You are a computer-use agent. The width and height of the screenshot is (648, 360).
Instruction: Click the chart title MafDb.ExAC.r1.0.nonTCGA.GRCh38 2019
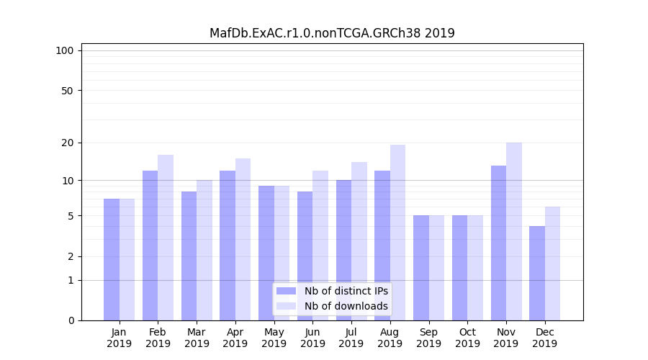click(x=332, y=33)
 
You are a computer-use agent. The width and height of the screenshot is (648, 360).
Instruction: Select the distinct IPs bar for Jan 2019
click(x=112, y=259)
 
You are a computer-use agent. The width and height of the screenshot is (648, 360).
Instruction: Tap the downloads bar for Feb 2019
click(x=166, y=238)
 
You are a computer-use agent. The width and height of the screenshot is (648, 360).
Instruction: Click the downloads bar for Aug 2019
click(x=397, y=233)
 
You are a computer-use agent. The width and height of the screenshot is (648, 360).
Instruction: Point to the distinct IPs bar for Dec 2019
click(x=537, y=273)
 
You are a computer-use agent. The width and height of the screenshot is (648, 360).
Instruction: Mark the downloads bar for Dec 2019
click(x=552, y=264)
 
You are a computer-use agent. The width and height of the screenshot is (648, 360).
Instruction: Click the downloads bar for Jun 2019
click(x=320, y=246)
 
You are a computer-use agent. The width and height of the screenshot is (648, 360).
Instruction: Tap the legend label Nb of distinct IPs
click(x=346, y=291)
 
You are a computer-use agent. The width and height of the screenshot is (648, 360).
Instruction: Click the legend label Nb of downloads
click(x=346, y=306)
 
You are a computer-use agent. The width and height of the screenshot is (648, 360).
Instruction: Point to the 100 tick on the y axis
click(x=65, y=50)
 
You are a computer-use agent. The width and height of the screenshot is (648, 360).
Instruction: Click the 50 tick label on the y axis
click(x=67, y=91)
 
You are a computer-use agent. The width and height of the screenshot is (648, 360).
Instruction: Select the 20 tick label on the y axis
click(x=67, y=143)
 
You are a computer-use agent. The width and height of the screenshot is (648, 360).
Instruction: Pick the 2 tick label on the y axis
click(x=71, y=256)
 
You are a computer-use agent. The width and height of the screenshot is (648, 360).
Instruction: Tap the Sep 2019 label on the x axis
click(x=428, y=338)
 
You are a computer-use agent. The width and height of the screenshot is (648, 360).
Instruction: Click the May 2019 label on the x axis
click(x=274, y=338)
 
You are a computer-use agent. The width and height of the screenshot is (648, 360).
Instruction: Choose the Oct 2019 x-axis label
click(x=467, y=338)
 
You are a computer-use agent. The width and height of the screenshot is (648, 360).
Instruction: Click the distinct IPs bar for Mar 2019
click(x=189, y=256)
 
